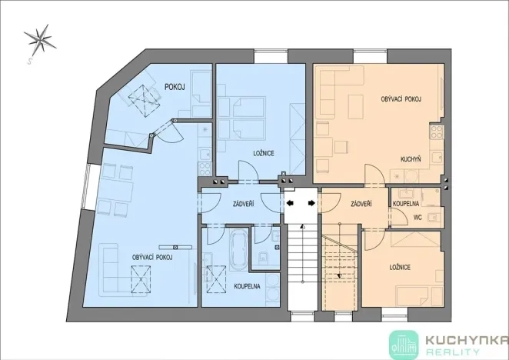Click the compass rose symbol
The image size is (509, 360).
click(38, 40)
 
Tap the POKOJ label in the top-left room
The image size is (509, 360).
click(175, 87)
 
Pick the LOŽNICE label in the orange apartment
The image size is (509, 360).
click(399, 266)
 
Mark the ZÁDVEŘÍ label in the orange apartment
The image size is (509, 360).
click(361, 204)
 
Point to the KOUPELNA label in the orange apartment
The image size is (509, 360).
click(404, 203)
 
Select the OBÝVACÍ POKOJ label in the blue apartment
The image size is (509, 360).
click(151, 257)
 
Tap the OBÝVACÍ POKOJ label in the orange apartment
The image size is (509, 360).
click(401, 100)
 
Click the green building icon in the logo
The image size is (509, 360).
click(403, 343)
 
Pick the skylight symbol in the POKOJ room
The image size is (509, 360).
click(141, 97)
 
